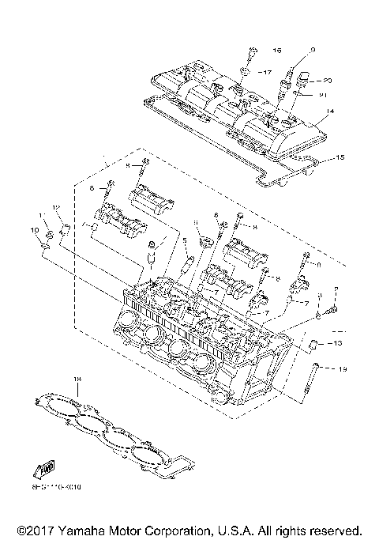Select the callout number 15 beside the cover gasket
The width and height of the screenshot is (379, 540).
click(340, 158)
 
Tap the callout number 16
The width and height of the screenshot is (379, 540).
click(276, 51)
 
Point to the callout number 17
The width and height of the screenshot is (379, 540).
click(268, 73)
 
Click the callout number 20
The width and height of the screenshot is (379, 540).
click(327, 80)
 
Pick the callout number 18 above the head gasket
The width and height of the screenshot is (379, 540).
click(77, 380)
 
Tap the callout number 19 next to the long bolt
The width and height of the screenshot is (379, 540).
click(342, 369)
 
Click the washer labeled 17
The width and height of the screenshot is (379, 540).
click(246, 72)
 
